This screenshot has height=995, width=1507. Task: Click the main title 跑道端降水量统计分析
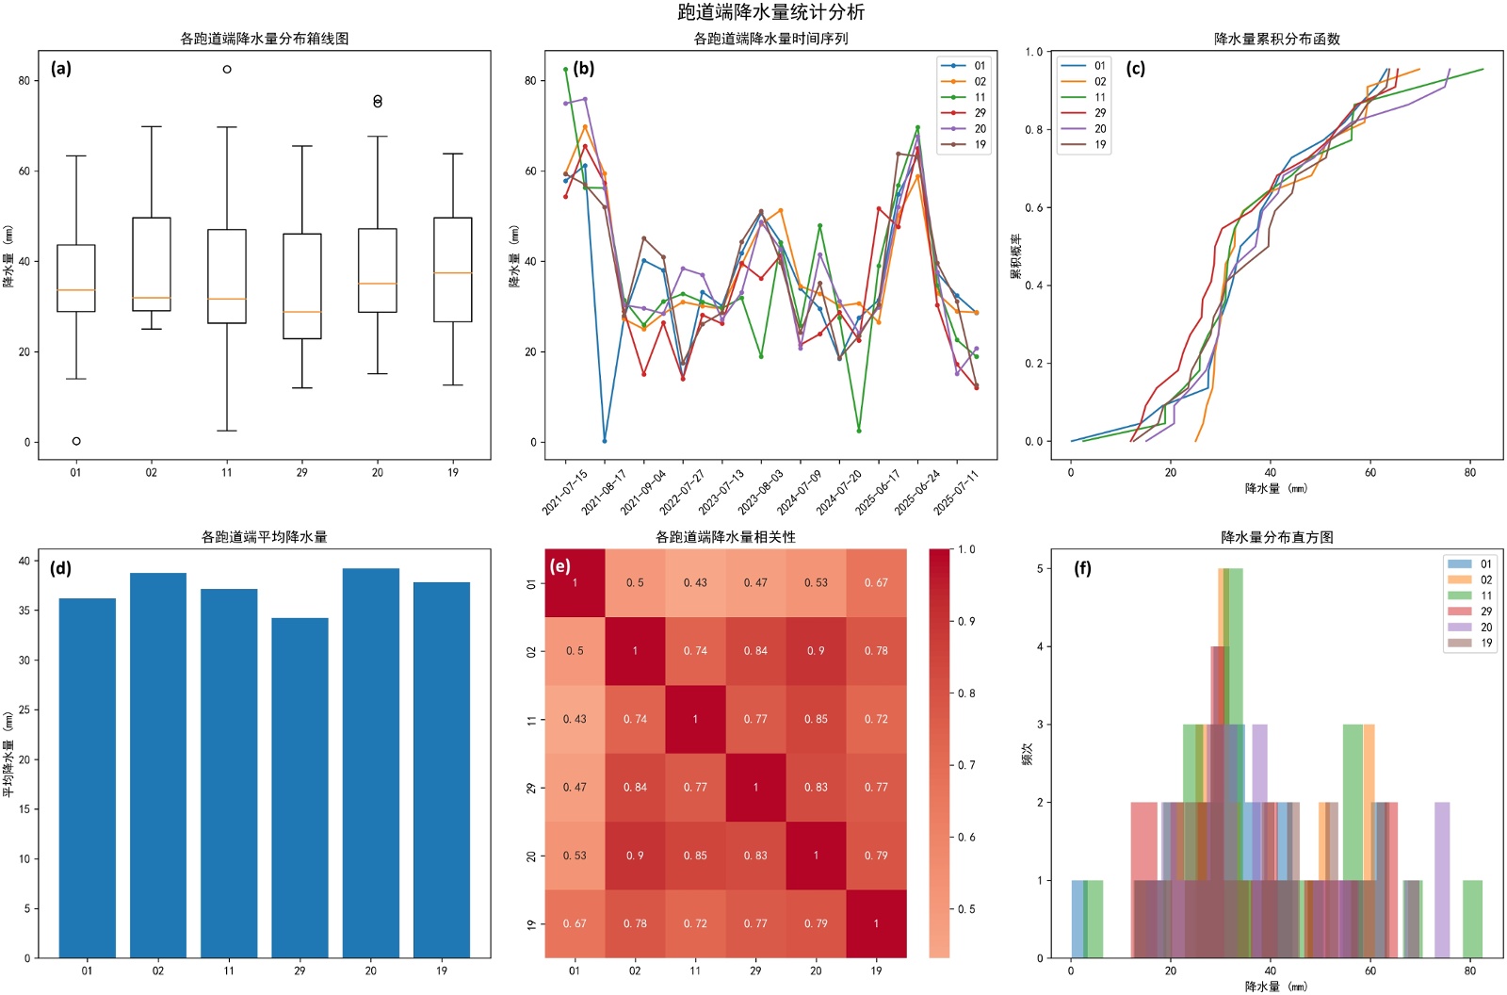[x=770, y=12]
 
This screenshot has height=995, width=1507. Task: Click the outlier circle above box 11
[x=227, y=69]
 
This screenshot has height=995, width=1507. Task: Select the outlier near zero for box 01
[x=76, y=441]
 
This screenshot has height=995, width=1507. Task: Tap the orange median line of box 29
[x=301, y=312]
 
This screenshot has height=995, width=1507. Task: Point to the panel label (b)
[x=583, y=68]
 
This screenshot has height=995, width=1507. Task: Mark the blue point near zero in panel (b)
[x=605, y=441]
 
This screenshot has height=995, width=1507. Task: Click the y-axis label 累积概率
[x=1016, y=256]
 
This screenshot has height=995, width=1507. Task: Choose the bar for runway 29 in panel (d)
[x=300, y=788]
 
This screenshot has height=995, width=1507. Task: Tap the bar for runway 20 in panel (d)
[x=370, y=763]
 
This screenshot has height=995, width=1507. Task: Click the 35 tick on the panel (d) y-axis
[x=24, y=611]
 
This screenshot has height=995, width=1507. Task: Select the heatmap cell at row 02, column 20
[x=816, y=651]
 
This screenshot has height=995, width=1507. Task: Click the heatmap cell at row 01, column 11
[x=695, y=583]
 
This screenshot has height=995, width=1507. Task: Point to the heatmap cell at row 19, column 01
[x=575, y=923]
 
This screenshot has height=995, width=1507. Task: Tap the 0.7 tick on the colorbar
[x=966, y=765]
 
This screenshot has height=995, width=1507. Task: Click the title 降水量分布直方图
[x=1276, y=537]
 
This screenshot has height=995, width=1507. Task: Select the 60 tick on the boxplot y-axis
[x=24, y=171]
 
